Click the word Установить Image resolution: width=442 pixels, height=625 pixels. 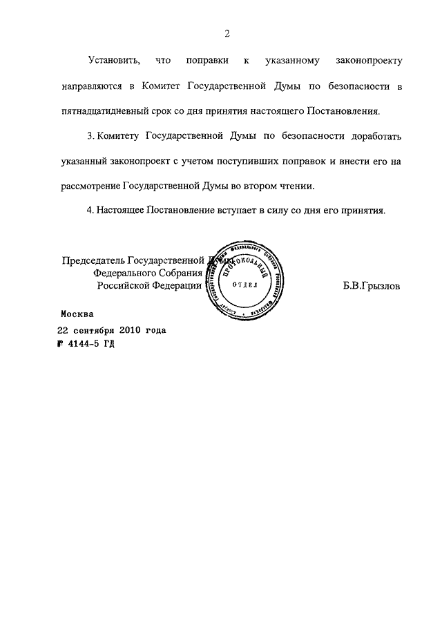(x=115, y=61)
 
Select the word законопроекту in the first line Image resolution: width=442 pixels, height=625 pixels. (x=367, y=61)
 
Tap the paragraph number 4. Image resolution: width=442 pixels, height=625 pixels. (x=90, y=210)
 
